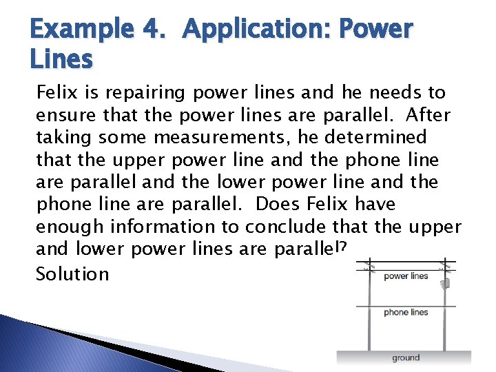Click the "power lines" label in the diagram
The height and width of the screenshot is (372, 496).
pos(406,276)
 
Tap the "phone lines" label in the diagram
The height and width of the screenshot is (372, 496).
pos(406,312)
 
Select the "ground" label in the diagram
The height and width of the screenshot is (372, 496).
pos(406,358)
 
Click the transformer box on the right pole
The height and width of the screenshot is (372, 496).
pos(446,282)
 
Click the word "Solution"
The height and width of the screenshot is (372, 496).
pos(72,274)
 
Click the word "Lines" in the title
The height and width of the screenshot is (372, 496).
pos(61,60)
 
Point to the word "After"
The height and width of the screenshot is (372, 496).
pos(427,114)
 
